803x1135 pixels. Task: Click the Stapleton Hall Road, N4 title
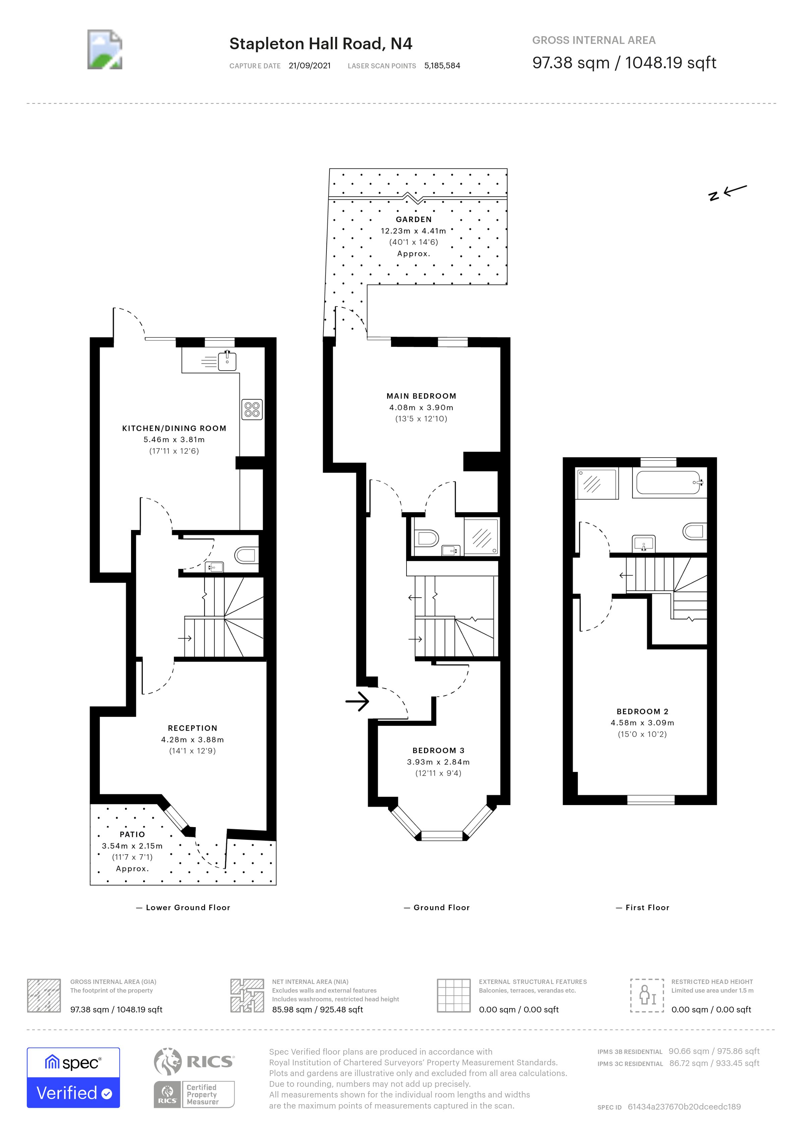(x=320, y=44)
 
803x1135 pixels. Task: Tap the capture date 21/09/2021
(x=310, y=66)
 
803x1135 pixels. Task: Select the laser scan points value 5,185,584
(x=442, y=66)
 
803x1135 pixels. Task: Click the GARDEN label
(x=413, y=219)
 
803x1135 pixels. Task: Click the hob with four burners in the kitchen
(x=252, y=409)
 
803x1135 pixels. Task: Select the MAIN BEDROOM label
(x=421, y=396)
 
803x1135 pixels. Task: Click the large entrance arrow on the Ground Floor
(x=358, y=701)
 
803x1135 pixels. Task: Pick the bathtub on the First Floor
(x=668, y=482)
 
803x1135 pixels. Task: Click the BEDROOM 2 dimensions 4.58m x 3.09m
(x=642, y=723)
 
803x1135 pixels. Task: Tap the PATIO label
(x=132, y=834)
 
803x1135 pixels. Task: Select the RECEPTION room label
(x=192, y=728)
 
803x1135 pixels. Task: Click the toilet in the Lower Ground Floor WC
(x=246, y=555)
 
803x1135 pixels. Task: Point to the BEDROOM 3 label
(x=438, y=750)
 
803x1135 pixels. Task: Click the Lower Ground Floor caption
(x=188, y=908)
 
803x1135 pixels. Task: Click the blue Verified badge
(x=73, y=1092)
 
